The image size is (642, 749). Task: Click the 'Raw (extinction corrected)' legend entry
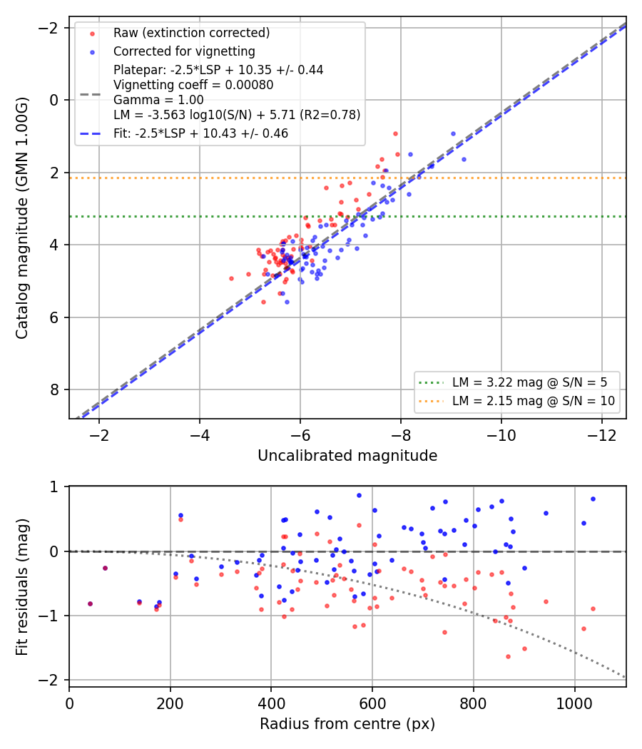(x=192, y=33)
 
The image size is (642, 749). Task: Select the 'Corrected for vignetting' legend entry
(x=184, y=51)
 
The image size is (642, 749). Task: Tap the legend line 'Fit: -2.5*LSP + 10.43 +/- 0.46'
(x=200, y=134)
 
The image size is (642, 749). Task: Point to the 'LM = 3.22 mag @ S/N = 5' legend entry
(x=530, y=382)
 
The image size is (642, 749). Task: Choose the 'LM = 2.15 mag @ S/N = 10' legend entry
(x=534, y=401)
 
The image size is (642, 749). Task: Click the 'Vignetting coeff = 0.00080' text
(x=193, y=85)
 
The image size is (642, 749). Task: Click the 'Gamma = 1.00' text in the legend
(x=158, y=100)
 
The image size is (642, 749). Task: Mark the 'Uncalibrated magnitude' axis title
(x=347, y=456)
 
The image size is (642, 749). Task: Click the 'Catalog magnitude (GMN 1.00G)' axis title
(x=22, y=218)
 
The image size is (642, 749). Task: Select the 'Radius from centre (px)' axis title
(x=347, y=724)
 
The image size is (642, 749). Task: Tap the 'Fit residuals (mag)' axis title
(x=22, y=587)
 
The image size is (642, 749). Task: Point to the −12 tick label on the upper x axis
(x=602, y=436)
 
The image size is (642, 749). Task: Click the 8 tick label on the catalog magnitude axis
(x=54, y=389)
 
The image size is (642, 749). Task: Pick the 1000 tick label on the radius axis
(x=575, y=703)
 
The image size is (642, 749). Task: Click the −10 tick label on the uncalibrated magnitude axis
(x=501, y=436)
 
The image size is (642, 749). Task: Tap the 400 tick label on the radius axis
(x=271, y=703)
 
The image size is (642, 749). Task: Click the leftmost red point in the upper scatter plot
(x=232, y=278)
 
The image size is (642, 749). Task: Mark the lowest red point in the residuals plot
(x=508, y=657)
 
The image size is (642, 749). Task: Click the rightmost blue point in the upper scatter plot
(x=464, y=160)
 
